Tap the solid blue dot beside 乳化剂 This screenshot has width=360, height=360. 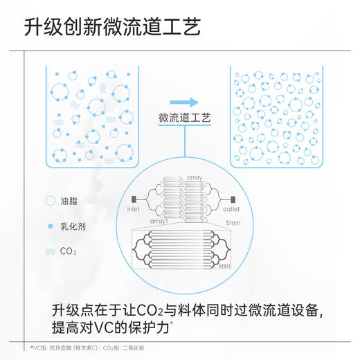point(50,226)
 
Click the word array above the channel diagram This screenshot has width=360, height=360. point(194,178)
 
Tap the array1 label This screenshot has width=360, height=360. point(159,221)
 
